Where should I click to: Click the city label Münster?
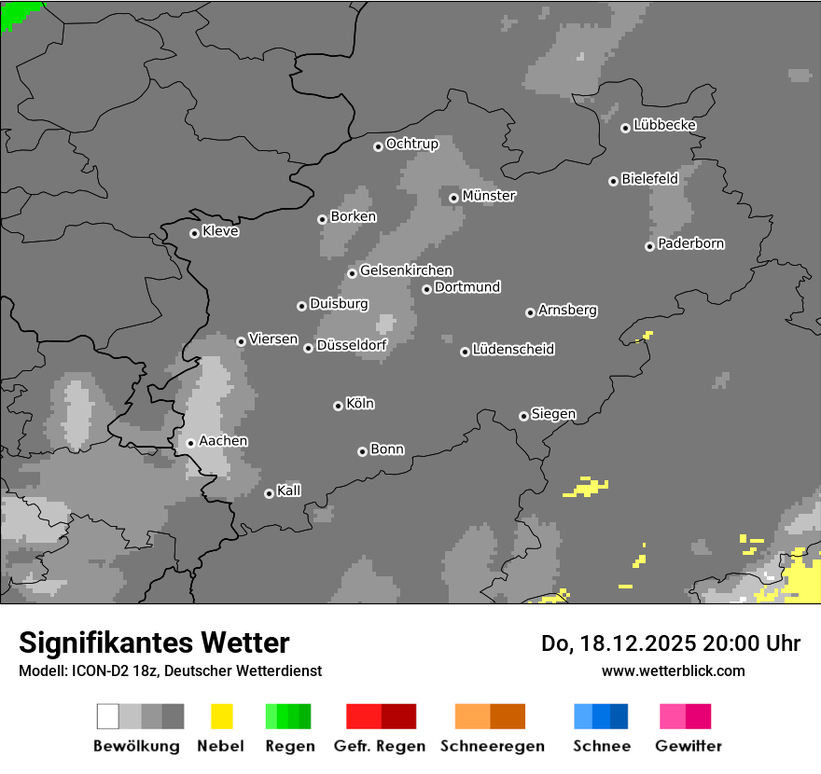coord(489,196)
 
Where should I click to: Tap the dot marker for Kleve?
coord(194,233)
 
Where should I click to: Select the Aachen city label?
coord(223,441)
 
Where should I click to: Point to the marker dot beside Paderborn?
coord(649,246)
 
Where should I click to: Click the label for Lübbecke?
coord(664,125)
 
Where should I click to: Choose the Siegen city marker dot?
coord(523,416)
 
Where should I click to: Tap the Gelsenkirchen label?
coord(406,270)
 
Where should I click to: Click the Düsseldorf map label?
coord(352,345)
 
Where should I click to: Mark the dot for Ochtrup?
coord(378,145)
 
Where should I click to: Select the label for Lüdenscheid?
coord(513,350)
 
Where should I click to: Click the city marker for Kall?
coord(269,493)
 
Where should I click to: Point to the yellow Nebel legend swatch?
coord(221,716)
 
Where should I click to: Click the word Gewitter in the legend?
coord(689,746)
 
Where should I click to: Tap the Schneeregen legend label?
coord(493,746)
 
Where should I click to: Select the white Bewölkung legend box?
coord(107,716)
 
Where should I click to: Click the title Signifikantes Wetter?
coord(154,643)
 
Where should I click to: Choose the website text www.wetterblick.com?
coord(673,670)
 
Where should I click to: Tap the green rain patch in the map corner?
coord(19,12)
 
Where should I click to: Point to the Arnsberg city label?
coord(567,310)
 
